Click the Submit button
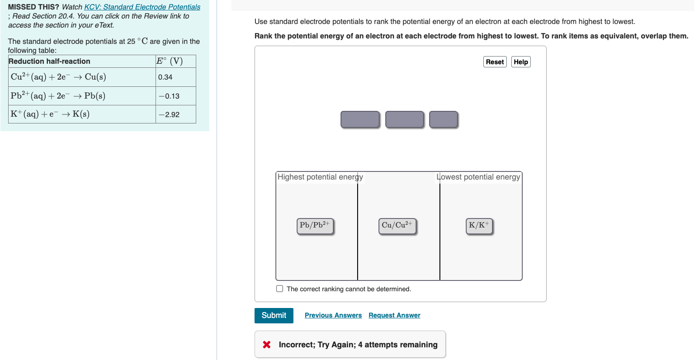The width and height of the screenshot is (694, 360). click(274, 315)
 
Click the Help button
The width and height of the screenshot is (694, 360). click(520, 62)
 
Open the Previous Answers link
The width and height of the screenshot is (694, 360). click(333, 315)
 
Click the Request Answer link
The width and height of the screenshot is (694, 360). click(394, 315)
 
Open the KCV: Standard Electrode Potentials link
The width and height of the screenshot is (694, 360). click(142, 7)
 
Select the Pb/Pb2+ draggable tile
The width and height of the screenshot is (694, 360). click(315, 226)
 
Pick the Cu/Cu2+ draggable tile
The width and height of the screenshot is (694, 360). click(397, 226)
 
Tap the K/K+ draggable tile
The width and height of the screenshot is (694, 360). click(479, 226)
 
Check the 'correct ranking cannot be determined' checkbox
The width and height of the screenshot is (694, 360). click(280, 289)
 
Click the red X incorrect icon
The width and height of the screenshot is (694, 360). click(267, 345)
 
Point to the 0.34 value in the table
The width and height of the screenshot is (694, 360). click(165, 77)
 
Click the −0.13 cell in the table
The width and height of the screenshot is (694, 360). click(169, 96)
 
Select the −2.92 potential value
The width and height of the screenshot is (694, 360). click(169, 114)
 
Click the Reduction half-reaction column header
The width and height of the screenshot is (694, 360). click(49, 62)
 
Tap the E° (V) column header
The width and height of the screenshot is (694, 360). click(169, 61)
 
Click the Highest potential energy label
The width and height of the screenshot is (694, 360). click(320, 177)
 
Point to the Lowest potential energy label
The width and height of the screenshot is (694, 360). click(478, 177)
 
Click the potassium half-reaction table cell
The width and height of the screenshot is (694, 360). click(50, 114)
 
